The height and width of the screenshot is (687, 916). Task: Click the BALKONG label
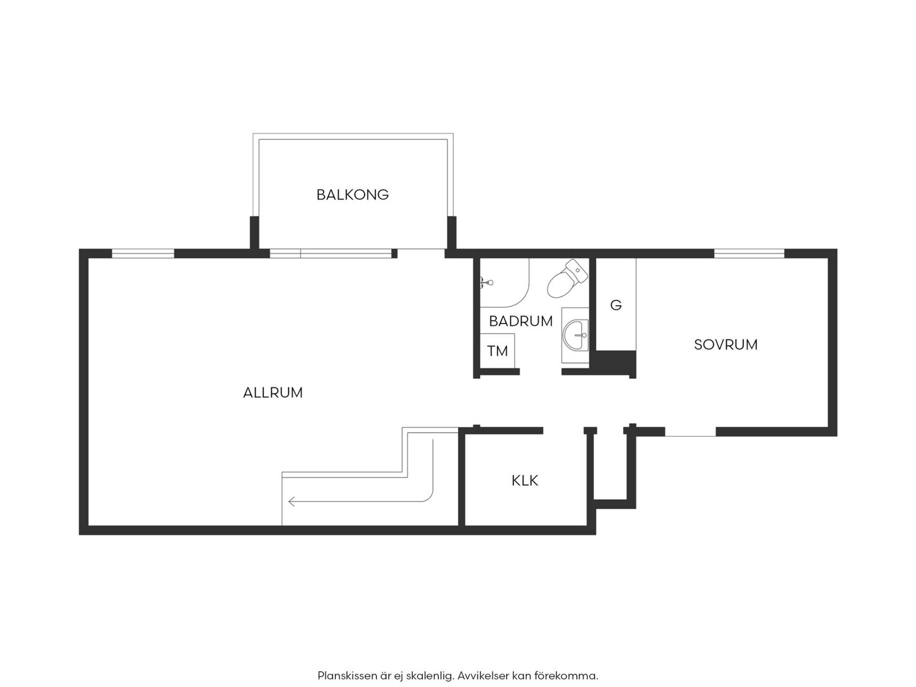pos(352,194)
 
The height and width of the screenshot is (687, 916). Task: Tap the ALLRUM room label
pos(273,393)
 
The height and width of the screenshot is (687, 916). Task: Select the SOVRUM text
pos(726,345)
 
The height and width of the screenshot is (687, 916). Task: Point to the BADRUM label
pos(521,322)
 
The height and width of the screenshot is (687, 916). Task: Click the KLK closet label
pos(525,481)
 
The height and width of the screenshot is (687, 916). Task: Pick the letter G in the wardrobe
pos(616,305)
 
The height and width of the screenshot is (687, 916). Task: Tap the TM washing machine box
pos(498,351)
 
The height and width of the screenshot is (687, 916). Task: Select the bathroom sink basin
pos(576,335)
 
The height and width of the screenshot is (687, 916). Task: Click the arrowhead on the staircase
pos(292,502)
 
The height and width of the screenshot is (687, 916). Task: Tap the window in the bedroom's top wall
pos(749,253)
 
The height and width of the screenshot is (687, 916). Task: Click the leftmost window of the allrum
pos(143,253)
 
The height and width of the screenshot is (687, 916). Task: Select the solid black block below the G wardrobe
pos(616,363)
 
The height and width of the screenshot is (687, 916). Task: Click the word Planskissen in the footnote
pos(348,676)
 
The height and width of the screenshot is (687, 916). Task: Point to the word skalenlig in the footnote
pos(430,676)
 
